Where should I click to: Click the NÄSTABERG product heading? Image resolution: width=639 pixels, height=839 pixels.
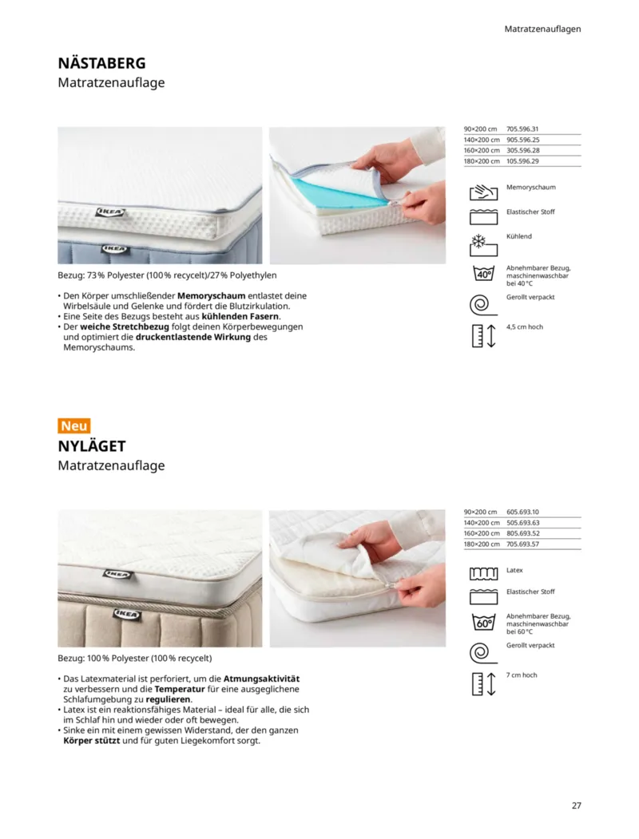pos(101,63)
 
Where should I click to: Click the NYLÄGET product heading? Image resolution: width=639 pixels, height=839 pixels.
pos(92,446)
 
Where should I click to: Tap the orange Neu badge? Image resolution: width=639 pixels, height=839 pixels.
pos(74,425)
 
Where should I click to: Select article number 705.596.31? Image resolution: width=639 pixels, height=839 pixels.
pos(523,129)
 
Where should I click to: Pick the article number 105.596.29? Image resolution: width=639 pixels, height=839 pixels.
pos(523,161)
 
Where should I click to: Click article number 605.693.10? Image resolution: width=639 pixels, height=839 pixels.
pos(523,512)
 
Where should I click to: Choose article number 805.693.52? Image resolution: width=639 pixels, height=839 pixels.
pos(523,533)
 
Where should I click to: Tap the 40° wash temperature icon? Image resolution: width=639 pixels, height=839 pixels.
pos(483,273)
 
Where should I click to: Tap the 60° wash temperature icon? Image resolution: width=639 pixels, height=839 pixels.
pos(483,622)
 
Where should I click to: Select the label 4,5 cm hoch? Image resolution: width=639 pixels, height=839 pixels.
pos(525,326)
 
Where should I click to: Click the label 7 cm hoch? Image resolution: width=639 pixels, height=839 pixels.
pos(522,675)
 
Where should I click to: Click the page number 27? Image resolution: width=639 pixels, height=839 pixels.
pos(576,805)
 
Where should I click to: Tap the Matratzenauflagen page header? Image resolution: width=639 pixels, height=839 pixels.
pos(542,29)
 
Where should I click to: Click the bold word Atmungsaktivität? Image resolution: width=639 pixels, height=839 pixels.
pos(261,678)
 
